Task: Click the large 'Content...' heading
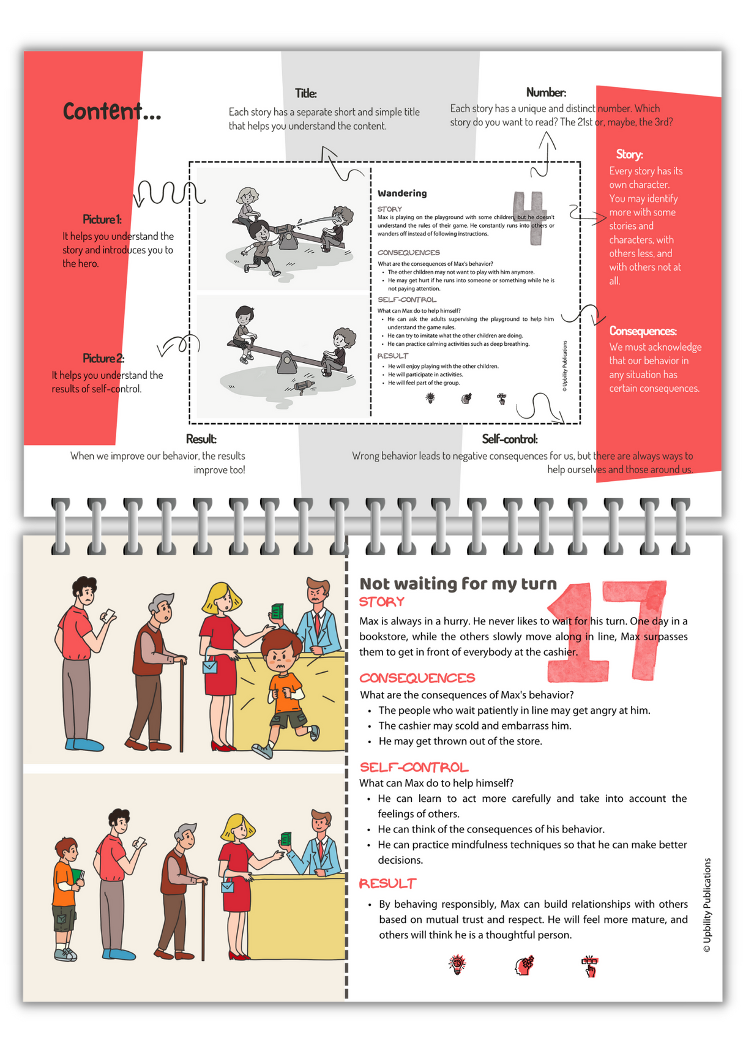click(x=112, y=112)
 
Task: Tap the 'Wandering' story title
click(x=402, y=193)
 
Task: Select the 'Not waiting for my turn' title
click(x=458, y=584)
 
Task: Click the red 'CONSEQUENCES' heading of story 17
click(x=417, y=678)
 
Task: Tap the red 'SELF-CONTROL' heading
click(x=414, y=768)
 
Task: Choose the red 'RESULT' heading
click(x=387, y=884)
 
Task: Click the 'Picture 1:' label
click(x=102, y=219)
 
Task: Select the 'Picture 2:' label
click(x=103, y=358)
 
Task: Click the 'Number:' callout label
click(x=546, y=92)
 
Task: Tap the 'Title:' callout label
click(x=305, y=94)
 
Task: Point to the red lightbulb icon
click(x=457, y=964)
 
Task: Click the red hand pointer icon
click(x=589, y=966)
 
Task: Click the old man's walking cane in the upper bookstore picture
click(x=182, y=704)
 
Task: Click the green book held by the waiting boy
click(x=77, y=877)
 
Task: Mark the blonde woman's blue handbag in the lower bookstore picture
click(x=227, y=886)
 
